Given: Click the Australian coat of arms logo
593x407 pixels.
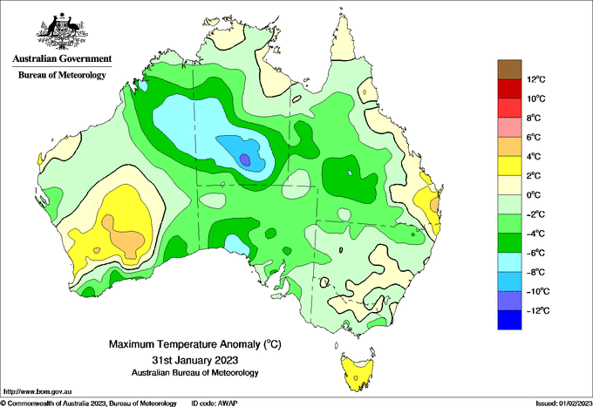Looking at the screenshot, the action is click(x=63, y=31).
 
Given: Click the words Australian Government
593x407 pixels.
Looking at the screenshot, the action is click(x=63, y=58).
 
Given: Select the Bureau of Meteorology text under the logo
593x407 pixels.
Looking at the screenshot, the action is click(x=63, y=75).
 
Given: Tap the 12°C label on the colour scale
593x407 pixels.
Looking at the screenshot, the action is click(x=536, y=79).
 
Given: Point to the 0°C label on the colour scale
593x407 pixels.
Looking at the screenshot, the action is click(x=534, y=195).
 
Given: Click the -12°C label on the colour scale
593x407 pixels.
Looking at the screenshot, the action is click(x=538, y=311).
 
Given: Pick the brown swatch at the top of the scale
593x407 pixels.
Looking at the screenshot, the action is click(x=509, y=70).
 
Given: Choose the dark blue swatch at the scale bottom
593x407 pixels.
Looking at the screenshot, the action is click(x=509, y=320).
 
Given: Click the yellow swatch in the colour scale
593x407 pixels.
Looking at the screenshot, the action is click(x=509, y=166).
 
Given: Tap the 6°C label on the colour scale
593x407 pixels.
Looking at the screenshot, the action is click(x=534, y=138).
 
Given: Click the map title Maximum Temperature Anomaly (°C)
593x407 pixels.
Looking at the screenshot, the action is click(x=195, y=344).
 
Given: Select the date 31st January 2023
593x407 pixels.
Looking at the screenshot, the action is click(x=195, y=359).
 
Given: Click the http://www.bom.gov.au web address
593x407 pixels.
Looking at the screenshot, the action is click(x=37, y=391).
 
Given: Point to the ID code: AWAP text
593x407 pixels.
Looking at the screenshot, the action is click(x=215, y=404).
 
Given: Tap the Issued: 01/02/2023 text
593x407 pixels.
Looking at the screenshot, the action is click(x=563, y=404).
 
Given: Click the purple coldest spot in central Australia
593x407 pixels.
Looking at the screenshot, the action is click(x=245, y=159).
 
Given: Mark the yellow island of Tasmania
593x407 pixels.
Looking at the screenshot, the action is click(x=357, y=375).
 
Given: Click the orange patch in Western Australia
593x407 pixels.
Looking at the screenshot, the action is click(x=124, y=237).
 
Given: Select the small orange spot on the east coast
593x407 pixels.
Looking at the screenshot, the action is click(x=434, y=205).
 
